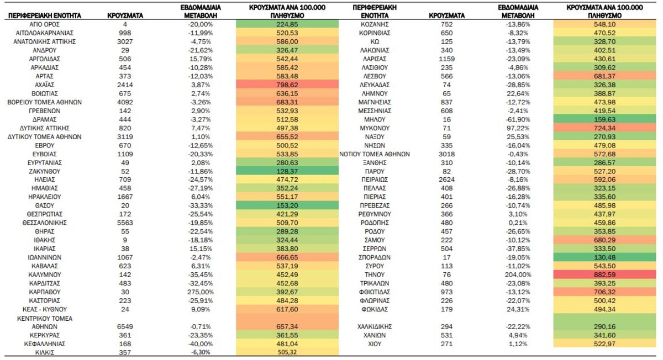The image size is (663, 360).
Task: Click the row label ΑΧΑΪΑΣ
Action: [x=45, y=85]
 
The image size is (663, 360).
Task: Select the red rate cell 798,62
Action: [x=287, y=85]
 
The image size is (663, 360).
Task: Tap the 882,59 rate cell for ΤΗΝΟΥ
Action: [x=604, y=274]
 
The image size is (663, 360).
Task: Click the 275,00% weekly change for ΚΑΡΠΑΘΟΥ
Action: [x=201, y=292]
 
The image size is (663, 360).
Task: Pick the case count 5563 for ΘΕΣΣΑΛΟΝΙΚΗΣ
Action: [x=125, y=223]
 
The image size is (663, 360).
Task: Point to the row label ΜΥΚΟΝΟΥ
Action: [x=375, y=128]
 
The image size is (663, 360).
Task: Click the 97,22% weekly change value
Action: [x=518, y=128]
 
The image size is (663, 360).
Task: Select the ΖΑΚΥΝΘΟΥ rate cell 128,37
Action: [x=287, y=171]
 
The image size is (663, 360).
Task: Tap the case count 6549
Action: [x=125, y=326]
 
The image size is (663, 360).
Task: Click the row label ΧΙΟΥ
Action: [x=375, y=344]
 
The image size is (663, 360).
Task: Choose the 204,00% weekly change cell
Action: [x=518, y=274]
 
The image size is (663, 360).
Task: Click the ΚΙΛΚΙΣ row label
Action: [x=45, y=352]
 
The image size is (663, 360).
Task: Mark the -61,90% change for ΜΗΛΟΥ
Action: [x=518, y=119]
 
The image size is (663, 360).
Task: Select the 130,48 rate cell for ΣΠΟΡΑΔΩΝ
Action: [x=604, y=257]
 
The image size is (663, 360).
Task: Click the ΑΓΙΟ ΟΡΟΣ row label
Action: [x=45, y=24]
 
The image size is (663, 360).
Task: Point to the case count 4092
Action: [x=125, y=102]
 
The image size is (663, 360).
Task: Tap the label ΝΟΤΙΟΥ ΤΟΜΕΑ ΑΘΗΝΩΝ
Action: [x=375, y=154]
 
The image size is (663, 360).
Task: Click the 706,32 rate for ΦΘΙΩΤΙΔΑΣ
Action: [x=604, y=292]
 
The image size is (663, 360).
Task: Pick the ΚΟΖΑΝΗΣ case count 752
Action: [x=446, y=24]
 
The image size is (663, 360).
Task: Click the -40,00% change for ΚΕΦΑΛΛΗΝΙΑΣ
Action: [x=201, y=344]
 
